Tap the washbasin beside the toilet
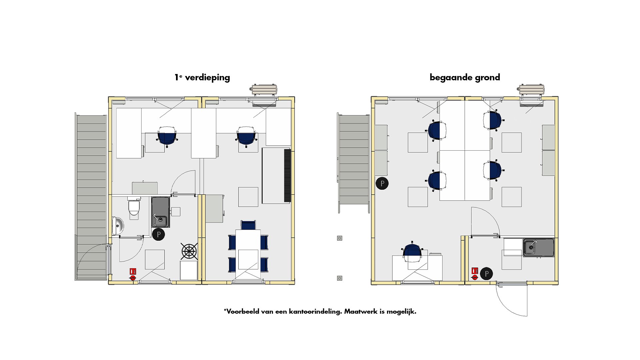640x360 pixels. coord(117,226)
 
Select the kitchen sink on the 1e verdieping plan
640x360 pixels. coord(161,212)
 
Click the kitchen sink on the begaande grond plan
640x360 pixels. coord(539,248)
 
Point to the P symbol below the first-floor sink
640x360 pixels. coord(159,234)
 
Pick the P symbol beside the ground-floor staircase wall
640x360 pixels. coord(382,183)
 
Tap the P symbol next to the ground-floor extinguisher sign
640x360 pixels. coord(487,274)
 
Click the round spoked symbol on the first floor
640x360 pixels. coord(189,251)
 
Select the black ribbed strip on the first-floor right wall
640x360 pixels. coord(287,176)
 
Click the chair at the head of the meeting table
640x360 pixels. coord(248,225)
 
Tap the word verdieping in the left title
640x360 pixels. coord(207,78)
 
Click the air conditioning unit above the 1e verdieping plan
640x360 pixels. coord(264,90)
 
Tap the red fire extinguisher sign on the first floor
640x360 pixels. coord(133,271)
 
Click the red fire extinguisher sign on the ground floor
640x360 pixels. coord(475,271)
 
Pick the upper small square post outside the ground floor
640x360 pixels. coord(339,238)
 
